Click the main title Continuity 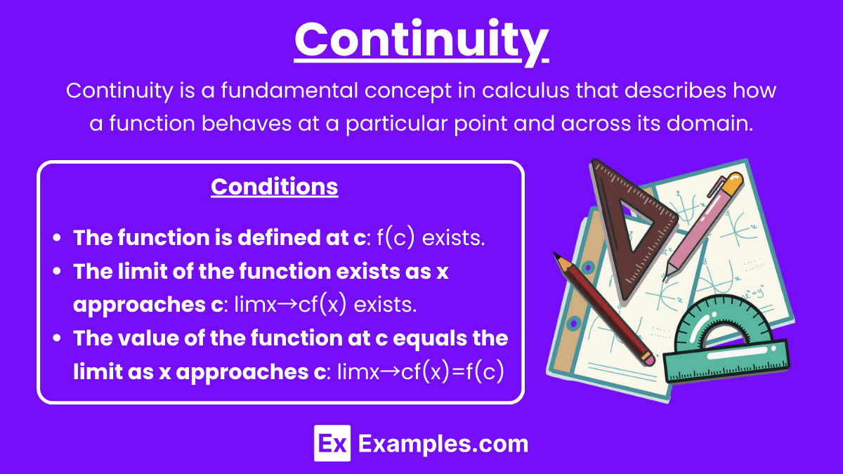coord(421,41)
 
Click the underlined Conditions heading coord(275,187)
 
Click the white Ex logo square coord(332,443)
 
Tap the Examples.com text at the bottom coord(443,445)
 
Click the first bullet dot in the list coord(57,238)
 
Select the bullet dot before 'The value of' coord(57,338)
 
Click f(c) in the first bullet coord(396,238)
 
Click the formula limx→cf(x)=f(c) coord(420,371)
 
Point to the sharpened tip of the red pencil coord(556,255)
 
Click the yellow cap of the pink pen coord(732,183)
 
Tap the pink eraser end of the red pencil coord(648,359)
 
